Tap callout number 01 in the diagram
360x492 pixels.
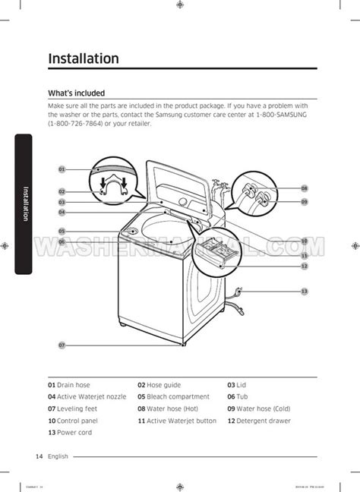coord(62,169)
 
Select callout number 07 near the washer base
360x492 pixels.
coord(62,345)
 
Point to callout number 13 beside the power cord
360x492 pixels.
coord(304,292)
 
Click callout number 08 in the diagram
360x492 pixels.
coord(304,188)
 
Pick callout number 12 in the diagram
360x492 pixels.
coord(304,266)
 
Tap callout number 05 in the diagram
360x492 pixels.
coord(62,231)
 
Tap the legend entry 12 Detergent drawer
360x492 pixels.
coord(258,420)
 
